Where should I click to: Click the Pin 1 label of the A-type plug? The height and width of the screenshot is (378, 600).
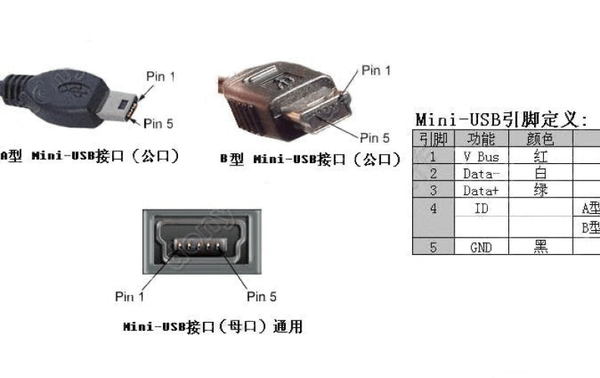(160, 76)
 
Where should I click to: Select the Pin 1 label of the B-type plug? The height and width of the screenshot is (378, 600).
(376, 71)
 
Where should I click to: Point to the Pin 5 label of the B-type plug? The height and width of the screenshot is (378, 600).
(374, 137)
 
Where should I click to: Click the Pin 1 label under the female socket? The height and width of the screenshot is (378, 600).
(130, 296)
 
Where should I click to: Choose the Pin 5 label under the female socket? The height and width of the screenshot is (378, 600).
(261, 296)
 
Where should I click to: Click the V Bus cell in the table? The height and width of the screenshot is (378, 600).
(481, 156)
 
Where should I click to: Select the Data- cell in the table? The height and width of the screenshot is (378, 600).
(481, 173)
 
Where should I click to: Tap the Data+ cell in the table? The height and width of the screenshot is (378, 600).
(481, 190)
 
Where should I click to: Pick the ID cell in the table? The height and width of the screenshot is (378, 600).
(481, 208)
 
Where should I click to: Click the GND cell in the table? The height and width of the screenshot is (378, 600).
(481, 247)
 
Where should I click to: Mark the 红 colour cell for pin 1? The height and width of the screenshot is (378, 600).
(540, 156)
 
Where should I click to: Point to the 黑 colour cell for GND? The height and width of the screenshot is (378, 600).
(540, 247)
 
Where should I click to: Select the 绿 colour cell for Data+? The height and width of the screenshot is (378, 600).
(540, 190)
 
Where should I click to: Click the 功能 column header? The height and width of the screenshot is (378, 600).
(481, 139)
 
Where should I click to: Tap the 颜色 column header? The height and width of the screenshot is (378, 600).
(540, 139)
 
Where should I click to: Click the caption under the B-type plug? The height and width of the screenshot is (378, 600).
(310, 159)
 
